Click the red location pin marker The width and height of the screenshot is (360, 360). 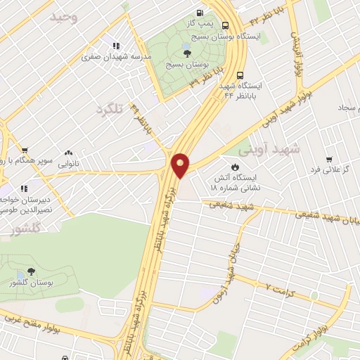(x=181, y=165)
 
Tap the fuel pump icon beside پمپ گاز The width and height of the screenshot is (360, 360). (x=201, y=13)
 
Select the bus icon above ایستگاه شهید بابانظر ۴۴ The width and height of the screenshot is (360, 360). (x=240, y=74)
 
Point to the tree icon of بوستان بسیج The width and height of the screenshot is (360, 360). (x=186, y=51)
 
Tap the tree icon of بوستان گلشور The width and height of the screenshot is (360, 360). (x=30, y=272)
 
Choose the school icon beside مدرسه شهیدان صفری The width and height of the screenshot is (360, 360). (x=115, y=46)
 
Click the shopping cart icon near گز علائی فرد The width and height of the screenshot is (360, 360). (x=328, y=160)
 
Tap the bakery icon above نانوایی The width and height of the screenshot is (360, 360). (x=69, y=152)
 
